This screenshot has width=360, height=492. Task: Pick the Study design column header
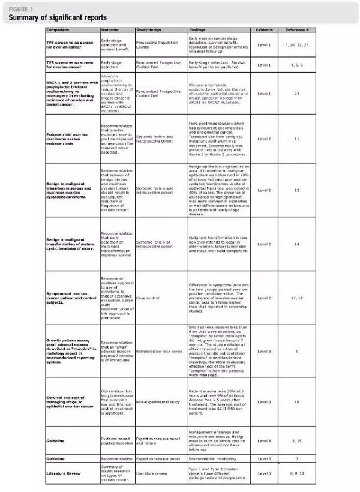coord(149,29)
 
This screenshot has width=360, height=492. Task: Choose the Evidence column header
coord(264,29)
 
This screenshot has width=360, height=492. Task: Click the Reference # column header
coord(297,29)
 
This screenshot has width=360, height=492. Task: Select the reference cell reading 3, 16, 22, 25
coord(297,45)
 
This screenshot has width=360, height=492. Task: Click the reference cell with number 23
coord(297,94)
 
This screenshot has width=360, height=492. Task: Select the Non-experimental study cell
coord(158,402)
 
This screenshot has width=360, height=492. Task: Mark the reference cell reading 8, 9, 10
coord(297,473)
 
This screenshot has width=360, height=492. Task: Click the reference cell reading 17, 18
coord(297,298)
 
